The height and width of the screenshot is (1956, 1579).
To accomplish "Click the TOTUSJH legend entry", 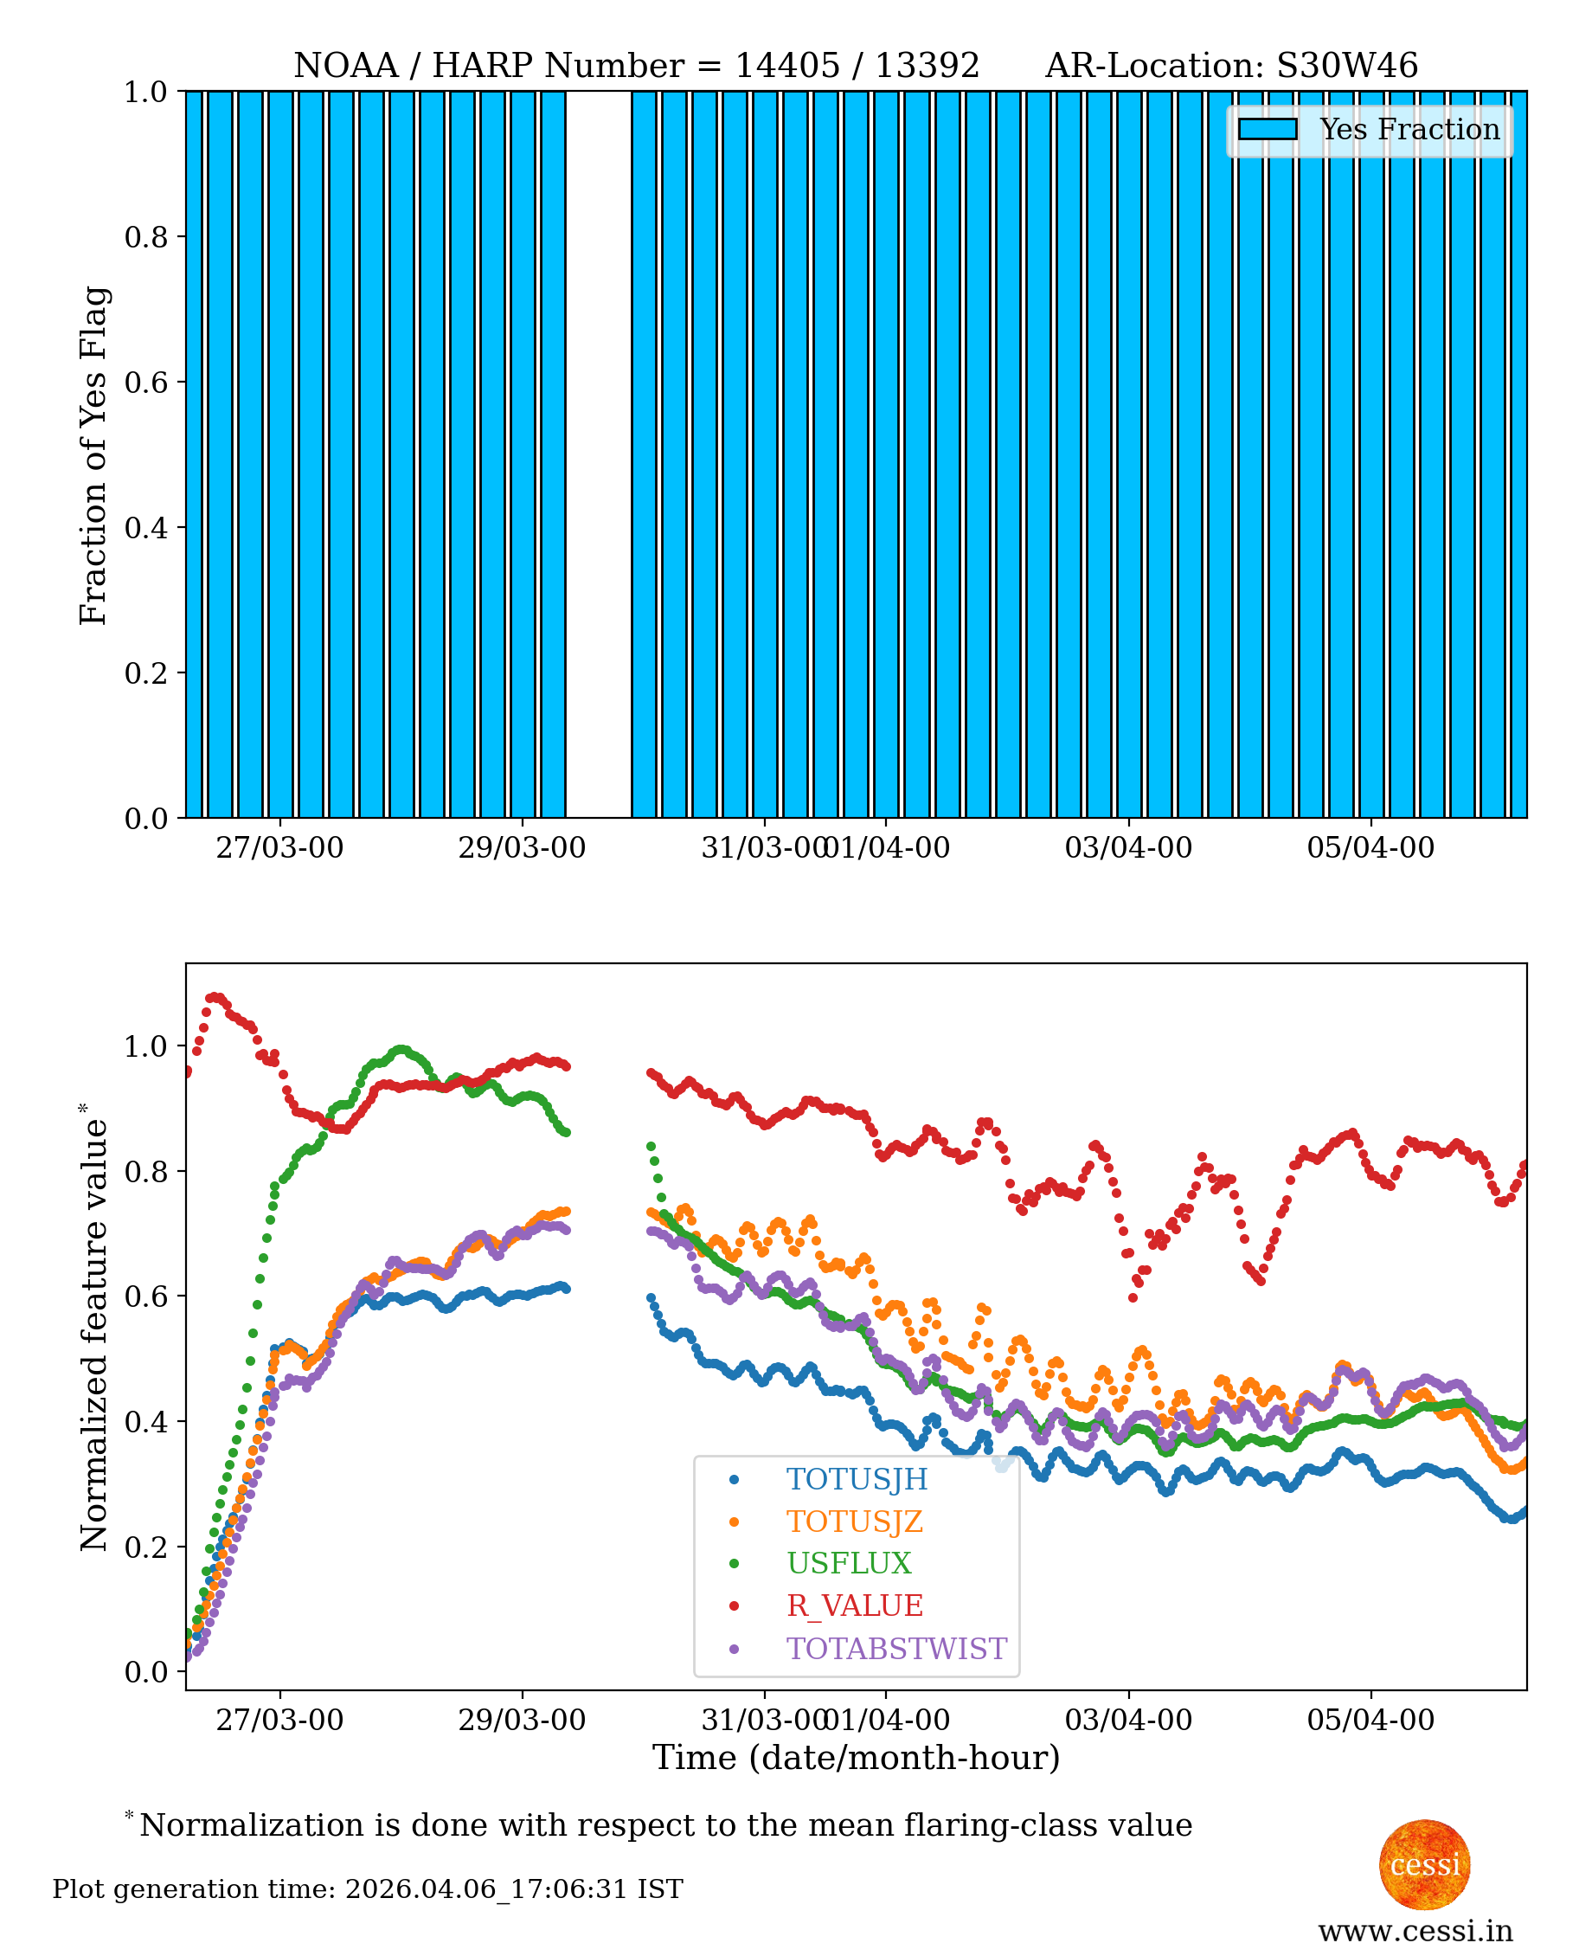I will point(856,1479).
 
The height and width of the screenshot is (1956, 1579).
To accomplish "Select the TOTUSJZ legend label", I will point(854,1522).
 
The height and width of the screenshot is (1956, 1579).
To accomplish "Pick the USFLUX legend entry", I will point(848,1563).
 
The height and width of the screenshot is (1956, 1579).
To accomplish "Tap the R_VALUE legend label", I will point(854,1605).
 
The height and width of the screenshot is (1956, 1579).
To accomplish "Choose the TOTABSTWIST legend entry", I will point(895,1649).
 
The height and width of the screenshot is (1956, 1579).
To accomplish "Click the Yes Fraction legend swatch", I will point(1267,129).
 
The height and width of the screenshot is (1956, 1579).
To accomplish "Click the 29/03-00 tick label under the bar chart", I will point(521,848).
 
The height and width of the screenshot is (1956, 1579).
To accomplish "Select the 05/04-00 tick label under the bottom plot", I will point(1370,1721).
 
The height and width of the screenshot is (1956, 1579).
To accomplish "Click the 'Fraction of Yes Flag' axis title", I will point(93,455).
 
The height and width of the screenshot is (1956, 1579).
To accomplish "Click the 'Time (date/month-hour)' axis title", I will point(856,1758).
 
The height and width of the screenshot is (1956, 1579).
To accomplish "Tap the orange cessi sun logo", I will point(1423,1865).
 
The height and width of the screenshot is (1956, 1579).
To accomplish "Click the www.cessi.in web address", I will point(1415,1931).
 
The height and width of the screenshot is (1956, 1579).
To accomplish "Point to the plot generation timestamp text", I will point(368,1889).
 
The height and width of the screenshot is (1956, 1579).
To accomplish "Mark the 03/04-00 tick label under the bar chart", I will point(1128,848).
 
